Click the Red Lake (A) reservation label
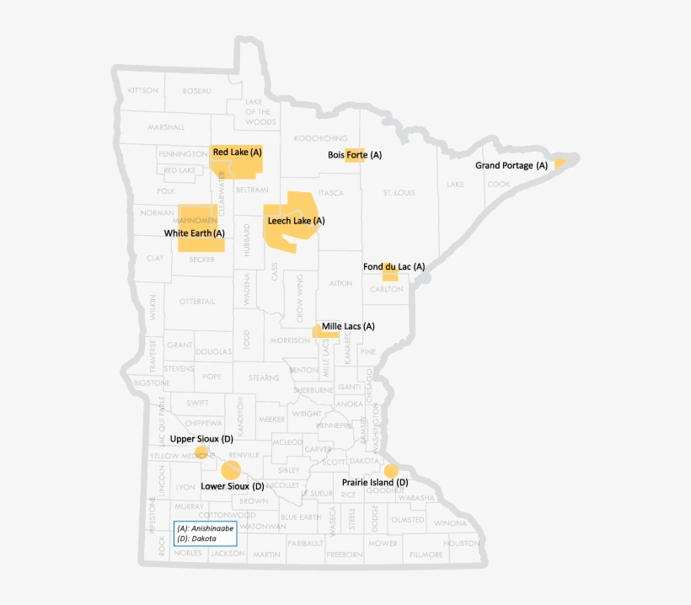(238, 153)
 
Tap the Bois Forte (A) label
(355, 155)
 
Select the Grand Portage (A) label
(512, 166)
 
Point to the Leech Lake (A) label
(296, 221)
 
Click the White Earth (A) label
(195, 233)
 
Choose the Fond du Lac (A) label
(394, 266)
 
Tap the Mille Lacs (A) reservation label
(348, 325)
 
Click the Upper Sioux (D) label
(201, 439)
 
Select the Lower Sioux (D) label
(233, 486)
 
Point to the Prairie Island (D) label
(375, 482)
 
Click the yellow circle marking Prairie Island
(390, 470)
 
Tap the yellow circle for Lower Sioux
(231, 469)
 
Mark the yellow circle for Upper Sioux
(201, 452)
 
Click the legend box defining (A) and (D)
(205, 533)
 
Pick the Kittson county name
(143, 90)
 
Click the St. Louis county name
(399, 193)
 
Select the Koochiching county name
(320, 137)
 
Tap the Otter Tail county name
(197, 301)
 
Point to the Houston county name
(462, 543)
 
